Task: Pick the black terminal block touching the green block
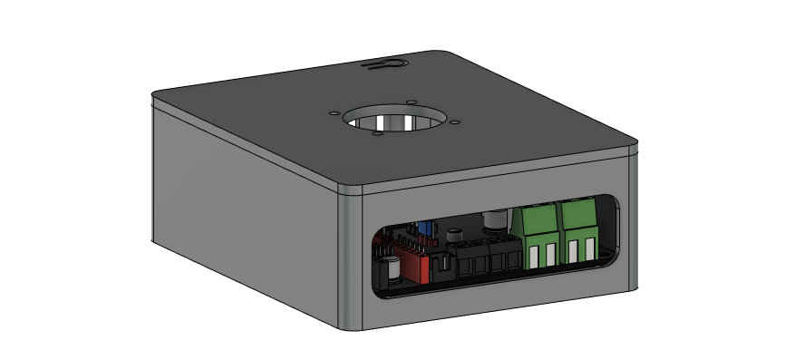point(500,256)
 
